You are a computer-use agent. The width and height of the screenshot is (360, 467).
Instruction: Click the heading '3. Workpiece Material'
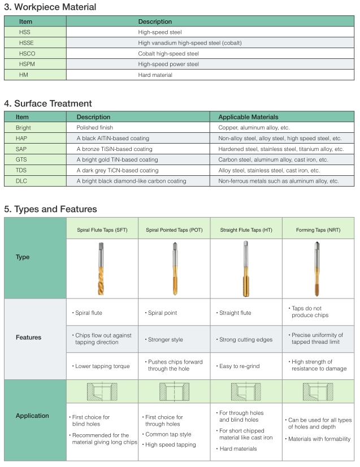pyautogui.click(x=50, y=7)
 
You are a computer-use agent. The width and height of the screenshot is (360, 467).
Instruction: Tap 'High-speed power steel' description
pyautogui.click(x=168, y=64)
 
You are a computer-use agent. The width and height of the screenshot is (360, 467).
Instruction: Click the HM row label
pyautogui.click(x=24, y=75)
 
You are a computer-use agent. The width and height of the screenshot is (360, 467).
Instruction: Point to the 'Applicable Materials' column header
pyautogui.click(x=248, y=117)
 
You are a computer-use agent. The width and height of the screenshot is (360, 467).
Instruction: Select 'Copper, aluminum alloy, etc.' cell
pyautogui.click(x=254, y=128)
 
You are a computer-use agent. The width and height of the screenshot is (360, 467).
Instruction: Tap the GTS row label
pyautogui.click(x=21, y=160)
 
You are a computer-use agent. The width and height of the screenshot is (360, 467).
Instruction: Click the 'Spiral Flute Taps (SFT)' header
pyautogui.click(x=102, y=230)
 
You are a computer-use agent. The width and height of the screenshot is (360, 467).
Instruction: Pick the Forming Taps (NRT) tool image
pyautogui.click(x=318, y=269)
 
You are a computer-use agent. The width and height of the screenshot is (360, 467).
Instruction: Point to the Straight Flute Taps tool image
pyautogui.click(x=246, y=269)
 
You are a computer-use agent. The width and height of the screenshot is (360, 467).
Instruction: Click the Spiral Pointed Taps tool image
pyautogui.click(x=174, y=269)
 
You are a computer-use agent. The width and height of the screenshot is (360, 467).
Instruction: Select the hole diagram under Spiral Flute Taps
pyautogui.click(x=102, y=391)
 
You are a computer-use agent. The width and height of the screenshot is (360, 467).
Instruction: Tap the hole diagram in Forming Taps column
pyautogui.click(x=318, y=391)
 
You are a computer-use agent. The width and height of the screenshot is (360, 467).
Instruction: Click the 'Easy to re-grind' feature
pyautogui.click(x=239, y=366)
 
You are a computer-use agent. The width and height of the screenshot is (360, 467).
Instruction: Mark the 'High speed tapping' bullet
pyautogui.click(x=171, y=444)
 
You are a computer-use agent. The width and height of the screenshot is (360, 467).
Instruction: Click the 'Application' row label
pyautogui.click(x=32, y=416)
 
